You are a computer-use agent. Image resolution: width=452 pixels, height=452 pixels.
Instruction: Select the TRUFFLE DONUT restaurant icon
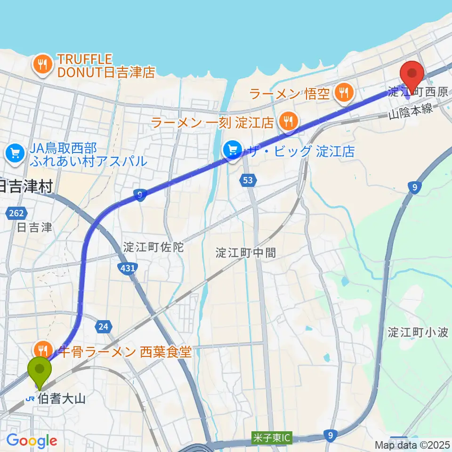coord(43,65)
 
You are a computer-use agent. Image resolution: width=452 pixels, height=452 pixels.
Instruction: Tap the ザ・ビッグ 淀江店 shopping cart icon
coord(233,151)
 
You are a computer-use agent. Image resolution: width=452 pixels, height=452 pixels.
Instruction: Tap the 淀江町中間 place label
coord(246,252)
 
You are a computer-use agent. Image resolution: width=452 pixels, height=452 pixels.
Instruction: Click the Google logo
coord(32,441)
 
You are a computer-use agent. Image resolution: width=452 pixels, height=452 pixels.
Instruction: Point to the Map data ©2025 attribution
coord(412,444)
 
